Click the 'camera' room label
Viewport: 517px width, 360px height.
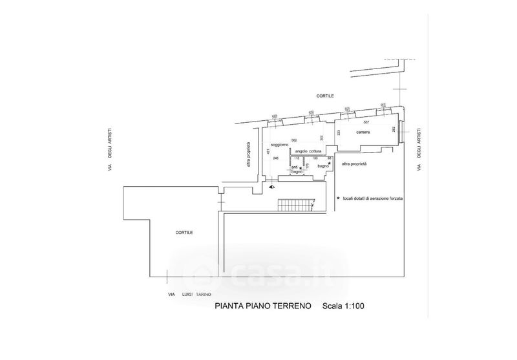point(362,132)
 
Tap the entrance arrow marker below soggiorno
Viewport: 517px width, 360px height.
point(272,187)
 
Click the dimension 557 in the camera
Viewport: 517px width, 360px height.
point(366,122)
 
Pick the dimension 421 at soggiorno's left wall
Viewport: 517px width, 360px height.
point(267,151)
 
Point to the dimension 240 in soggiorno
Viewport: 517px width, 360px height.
point(275,158)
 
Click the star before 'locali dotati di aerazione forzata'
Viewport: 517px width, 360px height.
point(337,199)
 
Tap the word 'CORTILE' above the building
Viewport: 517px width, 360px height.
point(324,96)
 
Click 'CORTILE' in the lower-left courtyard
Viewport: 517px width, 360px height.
point(184,231)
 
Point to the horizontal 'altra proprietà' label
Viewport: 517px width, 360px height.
point(354,164)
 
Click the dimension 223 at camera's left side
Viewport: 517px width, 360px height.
point(338,132)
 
